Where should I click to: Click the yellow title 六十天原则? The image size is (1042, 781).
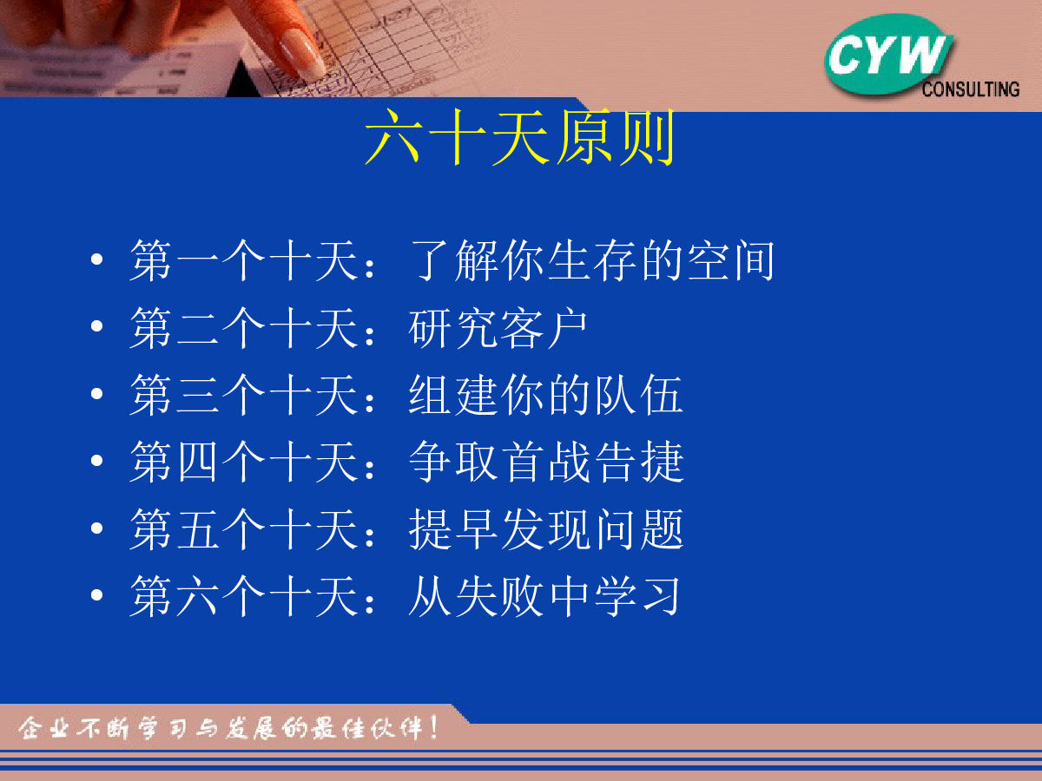(519, 137)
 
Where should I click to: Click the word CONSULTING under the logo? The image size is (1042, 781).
(970, 89)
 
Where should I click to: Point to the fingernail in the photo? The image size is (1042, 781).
(301, 56)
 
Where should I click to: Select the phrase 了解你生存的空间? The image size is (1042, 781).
(593, 259)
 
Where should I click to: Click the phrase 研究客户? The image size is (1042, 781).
(498, 328)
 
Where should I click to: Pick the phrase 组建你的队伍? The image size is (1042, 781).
(546, 395)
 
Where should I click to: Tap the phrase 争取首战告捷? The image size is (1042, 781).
(546, 462)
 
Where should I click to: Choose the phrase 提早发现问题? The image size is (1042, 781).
(546, 528)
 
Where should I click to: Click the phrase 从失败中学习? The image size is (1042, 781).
(544, 595)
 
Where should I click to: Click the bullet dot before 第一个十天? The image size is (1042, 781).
(97, 259)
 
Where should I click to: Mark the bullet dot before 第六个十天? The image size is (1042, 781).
(97, 594)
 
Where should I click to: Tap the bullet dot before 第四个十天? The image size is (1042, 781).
(97, 461)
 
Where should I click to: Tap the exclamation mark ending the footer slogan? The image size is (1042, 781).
(433, 728)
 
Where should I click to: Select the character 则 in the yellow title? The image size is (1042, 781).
(648, 137)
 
